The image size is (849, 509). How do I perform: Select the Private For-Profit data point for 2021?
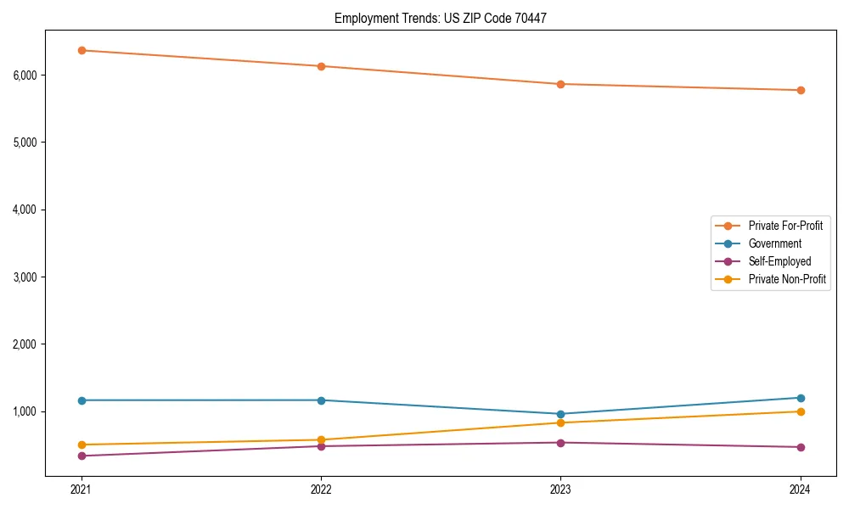pyautogui.click(x=82, y=50)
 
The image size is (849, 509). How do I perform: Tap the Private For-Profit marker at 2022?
pyautogui.click(x=321, y=66)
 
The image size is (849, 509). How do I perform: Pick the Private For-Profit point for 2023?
pyautogui.click(x=560, y=84)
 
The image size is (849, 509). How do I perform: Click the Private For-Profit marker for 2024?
pyautogui.click(x=801, y=90)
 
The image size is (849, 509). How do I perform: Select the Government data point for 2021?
pyautogui.click(x=82, y=400)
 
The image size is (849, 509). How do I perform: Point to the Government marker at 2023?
pyautogui.click(x=560, y=414)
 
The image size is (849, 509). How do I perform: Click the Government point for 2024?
pyautogui.click(x=801, y=398)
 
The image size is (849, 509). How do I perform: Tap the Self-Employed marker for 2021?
pyautogui.click(x=82, y=456)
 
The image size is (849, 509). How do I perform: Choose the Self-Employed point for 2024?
pyautogui.click(x=801, y=447)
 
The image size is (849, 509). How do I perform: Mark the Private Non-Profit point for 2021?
pyautogui.click(x=82, y=445)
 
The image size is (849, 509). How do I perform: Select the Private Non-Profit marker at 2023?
pyautogui.click(x=560, y=422)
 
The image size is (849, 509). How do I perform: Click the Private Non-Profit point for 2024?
pyautogui.click(x=801, y=411)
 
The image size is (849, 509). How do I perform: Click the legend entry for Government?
pyautogui.click(x=774, y=243)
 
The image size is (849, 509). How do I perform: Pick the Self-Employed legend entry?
pyautogui.click(x=779, y=261)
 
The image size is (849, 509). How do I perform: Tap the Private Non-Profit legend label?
pyautogui.click(x=787, y=279)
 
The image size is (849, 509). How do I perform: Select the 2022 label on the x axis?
pyautogui.click(x=321, y=489)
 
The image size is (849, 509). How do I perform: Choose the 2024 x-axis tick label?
pyautogui.click(x=801, y=489)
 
